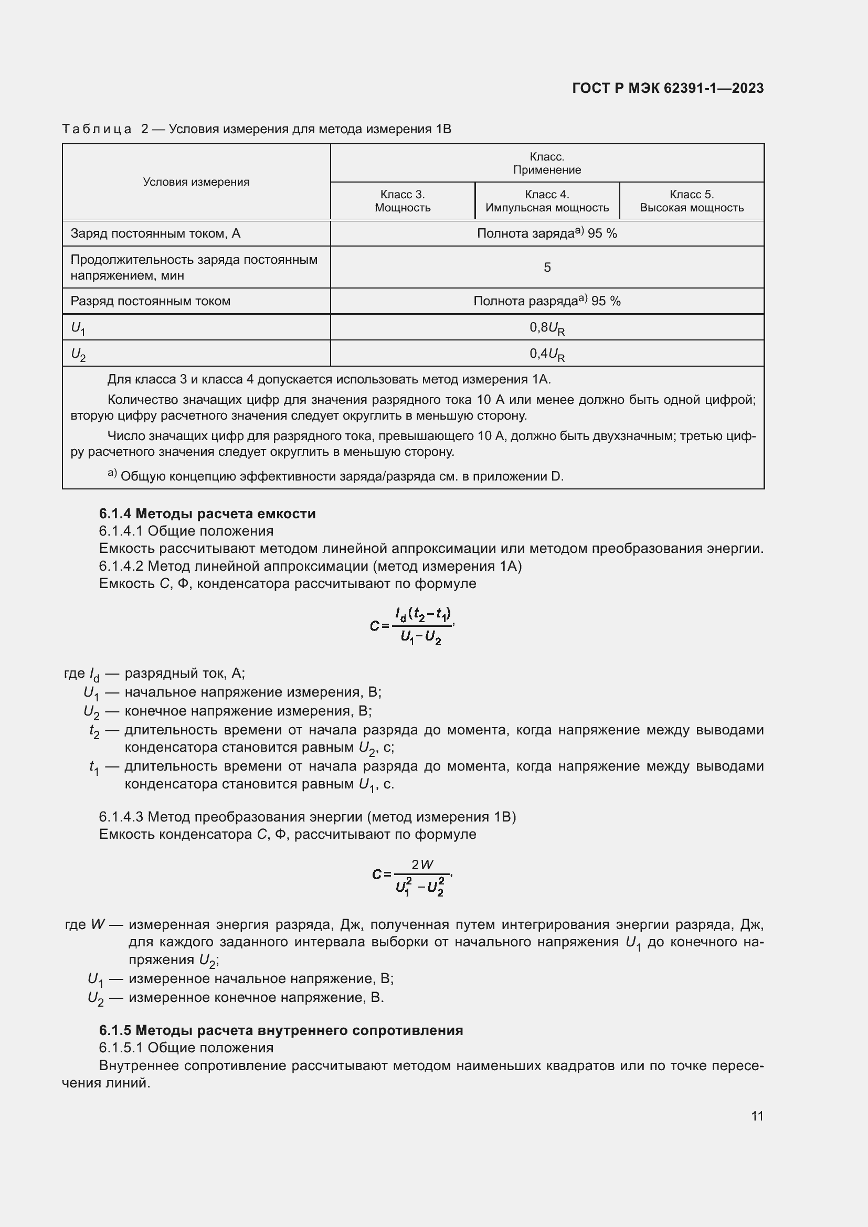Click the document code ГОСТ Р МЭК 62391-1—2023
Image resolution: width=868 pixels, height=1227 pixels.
(x=668, y=88)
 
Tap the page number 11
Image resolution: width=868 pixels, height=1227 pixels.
(x=757, y=1116)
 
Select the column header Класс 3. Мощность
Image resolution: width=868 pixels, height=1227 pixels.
(x=402, y=201)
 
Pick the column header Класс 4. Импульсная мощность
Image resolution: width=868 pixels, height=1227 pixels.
(x=547, y=201)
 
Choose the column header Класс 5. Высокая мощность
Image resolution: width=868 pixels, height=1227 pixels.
(x=691, y=201)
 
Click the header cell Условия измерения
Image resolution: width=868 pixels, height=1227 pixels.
(x=196, y=182)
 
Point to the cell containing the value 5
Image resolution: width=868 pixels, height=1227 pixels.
(x=547, y=267)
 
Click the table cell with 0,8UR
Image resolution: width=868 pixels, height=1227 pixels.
(x=547, y=327)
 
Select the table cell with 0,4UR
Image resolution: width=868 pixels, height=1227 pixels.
(x=547, y=354)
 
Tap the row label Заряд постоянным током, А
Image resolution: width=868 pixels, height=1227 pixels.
(x=155, y=233)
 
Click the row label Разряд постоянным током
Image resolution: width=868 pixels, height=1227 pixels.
(x=150, y=301)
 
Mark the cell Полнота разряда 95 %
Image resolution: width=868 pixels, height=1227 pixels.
(x=547, y=301)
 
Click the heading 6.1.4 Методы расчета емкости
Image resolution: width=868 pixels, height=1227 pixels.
(x=207, y=514)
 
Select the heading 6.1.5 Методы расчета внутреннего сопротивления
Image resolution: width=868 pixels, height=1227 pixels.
(x=281, y=1030)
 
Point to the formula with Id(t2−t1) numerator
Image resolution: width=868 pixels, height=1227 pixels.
(x=412, y=625)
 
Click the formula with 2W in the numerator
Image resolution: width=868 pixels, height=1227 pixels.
(x=412, y=875)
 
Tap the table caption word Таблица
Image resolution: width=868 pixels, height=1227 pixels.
(x=97, y=130)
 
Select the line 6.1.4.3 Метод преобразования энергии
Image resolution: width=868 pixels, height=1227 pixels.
(x=308, y=817)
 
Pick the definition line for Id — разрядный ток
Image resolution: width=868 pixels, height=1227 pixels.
(x=154, y=674)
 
